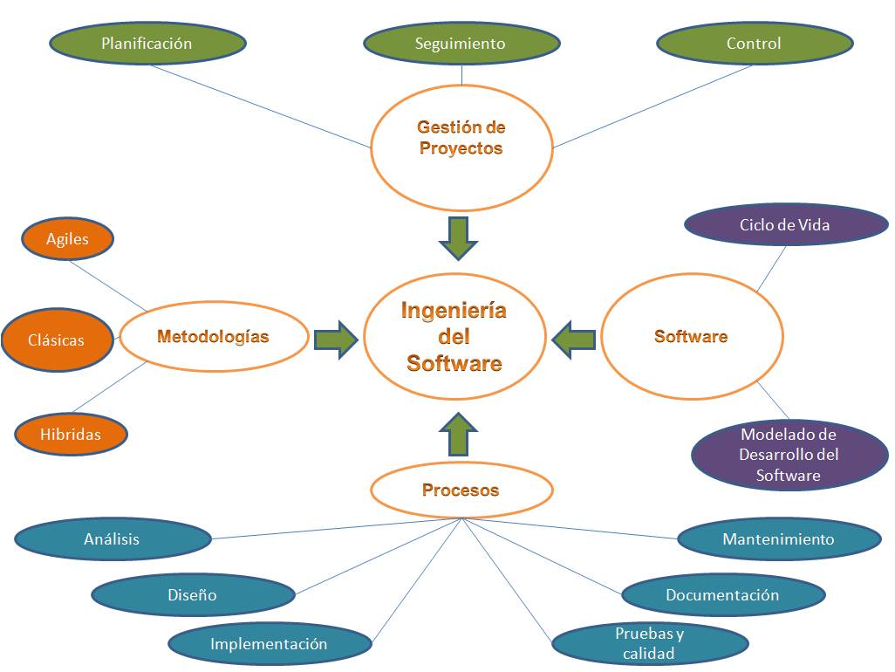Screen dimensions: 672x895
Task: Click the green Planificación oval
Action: tap(147, 43)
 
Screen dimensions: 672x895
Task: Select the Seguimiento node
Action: tap(461, 44)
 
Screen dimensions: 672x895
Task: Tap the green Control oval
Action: tap(754, 43)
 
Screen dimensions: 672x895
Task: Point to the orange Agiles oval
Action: tap(68, 239)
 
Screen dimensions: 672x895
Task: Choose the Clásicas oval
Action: tap(57, 340)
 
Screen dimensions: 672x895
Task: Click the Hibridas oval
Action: tap(71, 434)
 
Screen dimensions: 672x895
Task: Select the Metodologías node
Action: tap(214, 337)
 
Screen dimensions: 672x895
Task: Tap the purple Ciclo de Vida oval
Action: tap(785, 225)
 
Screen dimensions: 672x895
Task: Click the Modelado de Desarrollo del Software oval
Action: tap(789, 454)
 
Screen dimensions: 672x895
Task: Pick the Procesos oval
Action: tap(461, 490)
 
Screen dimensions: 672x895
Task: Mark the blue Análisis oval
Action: tap(113, 539)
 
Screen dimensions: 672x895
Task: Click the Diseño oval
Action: tap(193, 595)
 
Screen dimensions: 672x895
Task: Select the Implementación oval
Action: tap(270, 644)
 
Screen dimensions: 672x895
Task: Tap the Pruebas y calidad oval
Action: tap(650, 644)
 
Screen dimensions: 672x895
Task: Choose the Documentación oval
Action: tap(723, 595)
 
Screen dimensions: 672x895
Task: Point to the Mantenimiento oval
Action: tap(779, 539)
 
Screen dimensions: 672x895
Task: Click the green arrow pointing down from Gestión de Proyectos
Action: tap(459, 237)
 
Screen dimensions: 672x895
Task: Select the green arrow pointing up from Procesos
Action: tap(458, 435)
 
